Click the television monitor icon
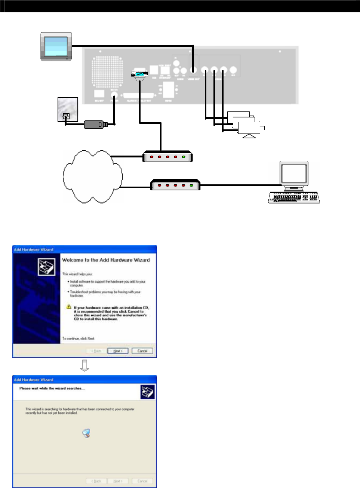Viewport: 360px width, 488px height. coord(56,46)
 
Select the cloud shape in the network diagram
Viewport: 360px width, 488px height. coord(92,177)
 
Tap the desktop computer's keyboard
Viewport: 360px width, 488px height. coord(294,197)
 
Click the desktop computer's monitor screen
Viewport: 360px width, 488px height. coord(294,174)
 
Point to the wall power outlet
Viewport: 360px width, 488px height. coord(68,110)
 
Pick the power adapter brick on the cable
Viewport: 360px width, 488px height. coord(94,125)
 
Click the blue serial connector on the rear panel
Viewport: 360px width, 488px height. coord(139,74)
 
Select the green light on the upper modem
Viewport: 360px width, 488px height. coord(184,157)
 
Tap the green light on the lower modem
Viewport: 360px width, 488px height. coord(191,185)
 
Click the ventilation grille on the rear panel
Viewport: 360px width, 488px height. coord(107,72)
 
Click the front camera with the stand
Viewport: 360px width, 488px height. coord(249,129)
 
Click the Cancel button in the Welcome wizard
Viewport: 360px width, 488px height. coord(142,351)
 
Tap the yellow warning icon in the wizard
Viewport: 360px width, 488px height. coord(69,307)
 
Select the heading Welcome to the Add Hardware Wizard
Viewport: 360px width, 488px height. coord(106,260)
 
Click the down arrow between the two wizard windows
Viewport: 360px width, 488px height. coord(85,366)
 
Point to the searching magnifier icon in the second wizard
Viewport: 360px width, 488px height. coord(86,433)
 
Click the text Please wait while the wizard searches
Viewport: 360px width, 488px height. coord(52,388)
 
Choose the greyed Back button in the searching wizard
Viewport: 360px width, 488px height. coord(96,481)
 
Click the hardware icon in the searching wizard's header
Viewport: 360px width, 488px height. coord(147,392)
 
